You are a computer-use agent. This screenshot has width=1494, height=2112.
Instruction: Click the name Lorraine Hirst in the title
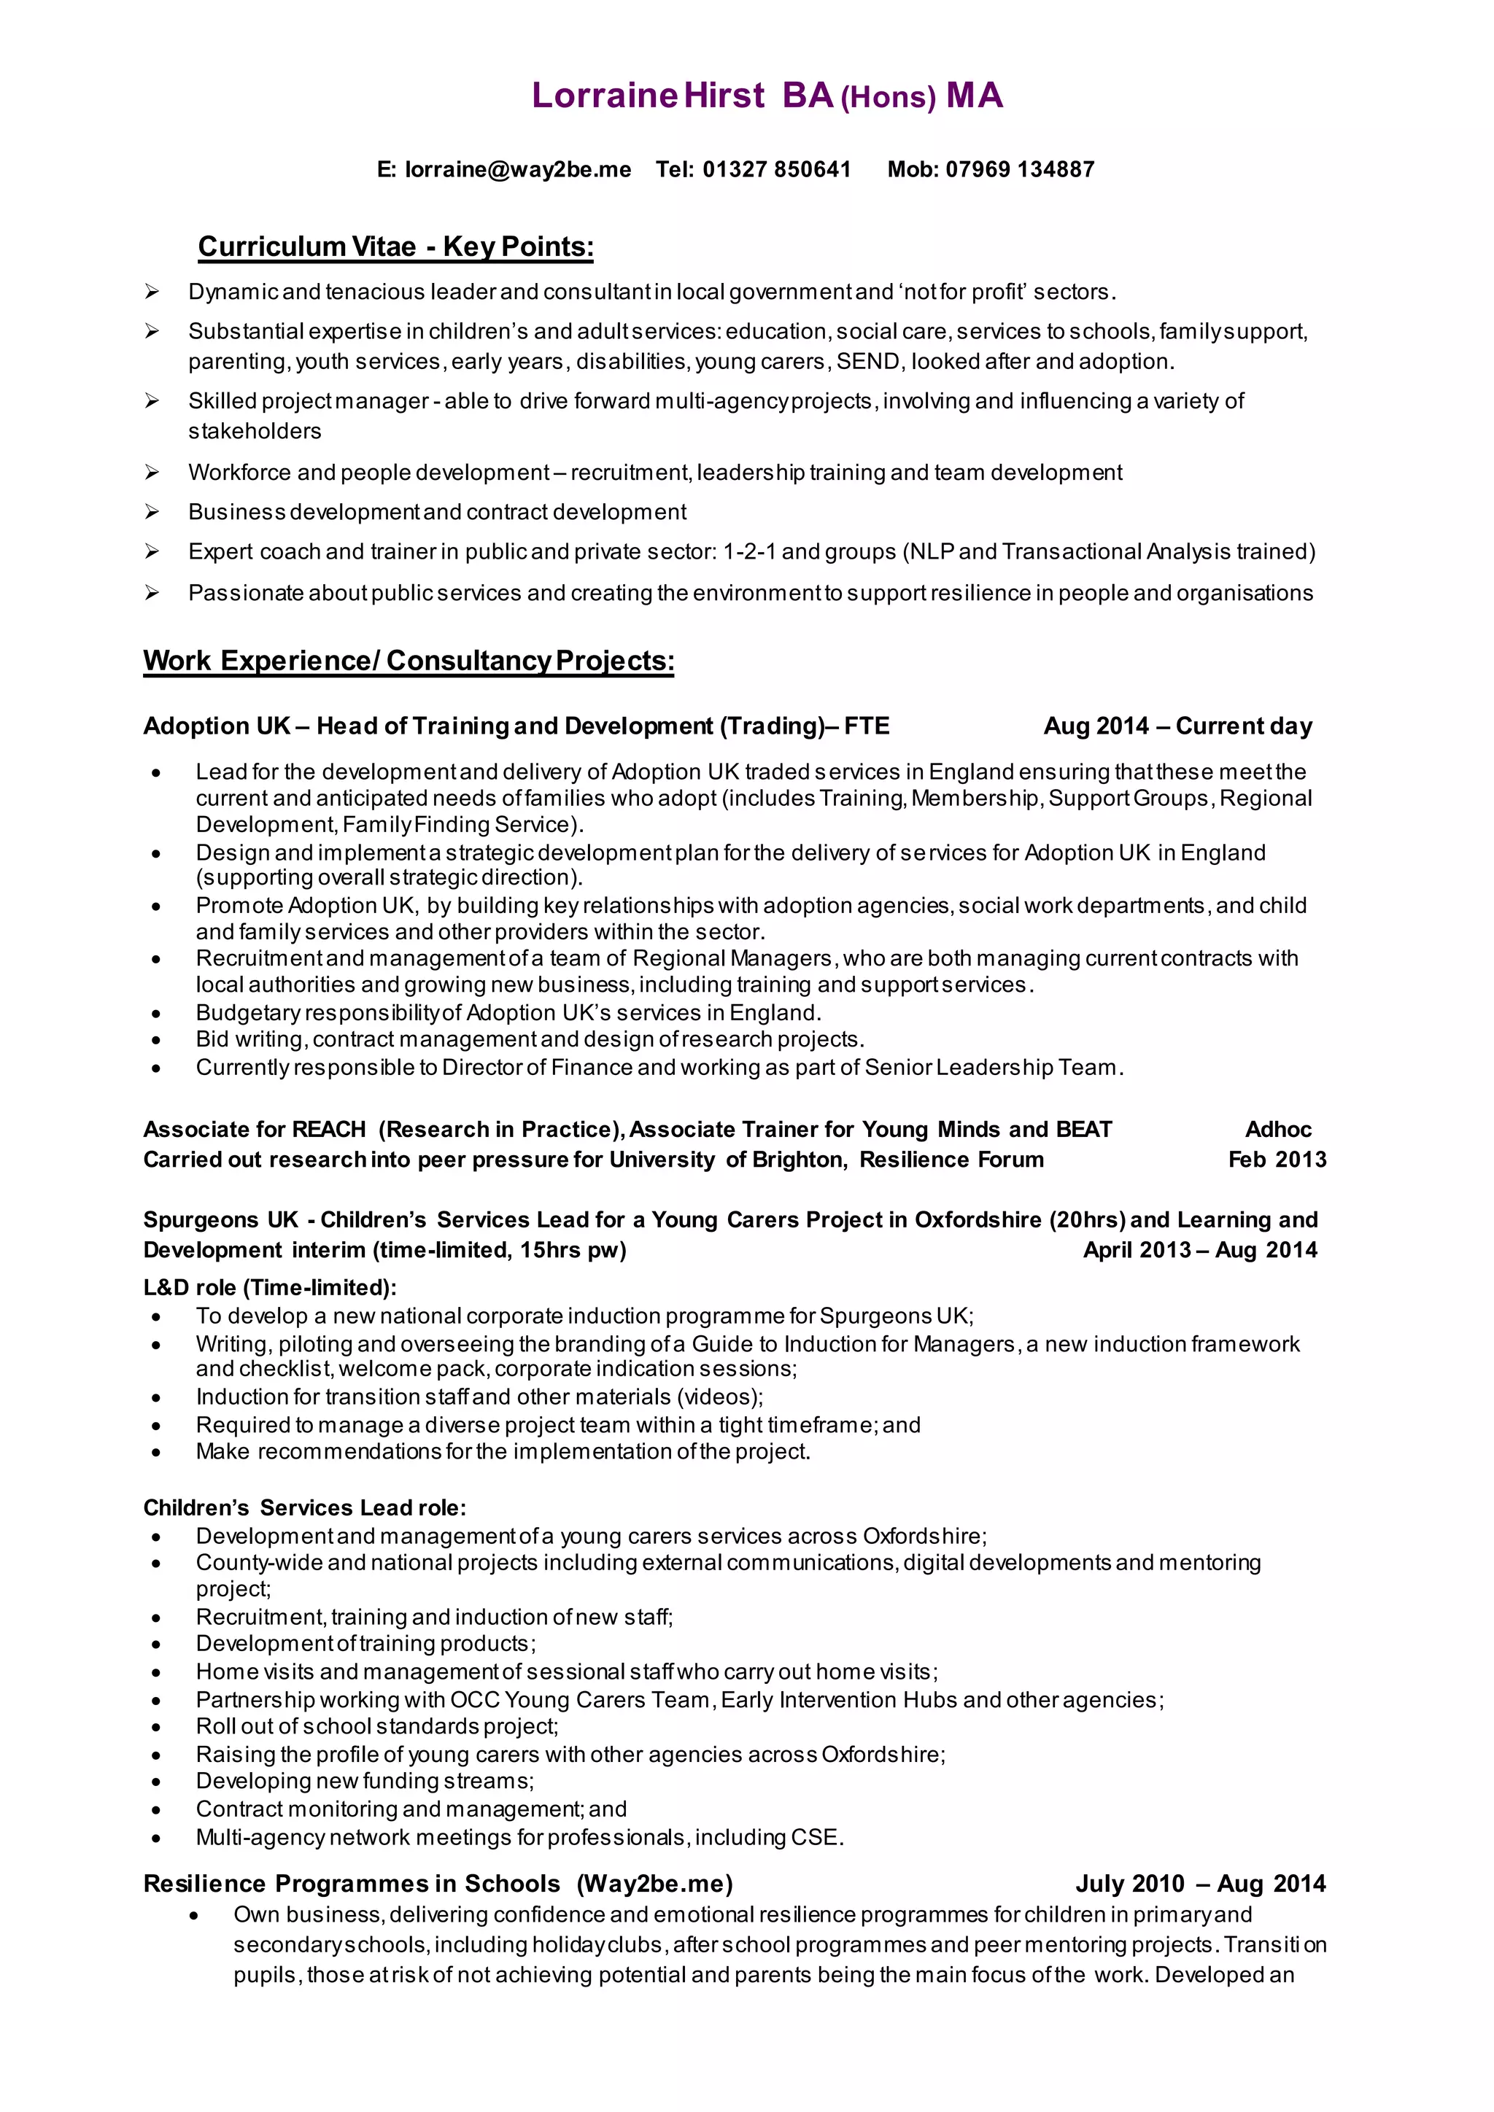(648, 96)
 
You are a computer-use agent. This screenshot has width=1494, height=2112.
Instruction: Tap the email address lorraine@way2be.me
(518, 169)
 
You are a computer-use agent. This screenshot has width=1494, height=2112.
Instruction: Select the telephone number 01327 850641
(776, 169)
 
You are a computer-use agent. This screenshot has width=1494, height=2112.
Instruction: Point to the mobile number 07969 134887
(1019, 169)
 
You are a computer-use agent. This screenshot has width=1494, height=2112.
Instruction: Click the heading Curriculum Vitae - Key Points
(395, 246)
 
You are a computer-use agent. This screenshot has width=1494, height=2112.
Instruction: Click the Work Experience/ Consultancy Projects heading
(409, 661)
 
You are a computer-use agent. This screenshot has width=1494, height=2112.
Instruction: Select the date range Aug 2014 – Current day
(1177, 726)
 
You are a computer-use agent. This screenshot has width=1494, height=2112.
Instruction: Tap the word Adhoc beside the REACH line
(1278, 1130)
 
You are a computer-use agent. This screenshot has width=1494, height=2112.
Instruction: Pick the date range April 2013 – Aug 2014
(1199, 1250)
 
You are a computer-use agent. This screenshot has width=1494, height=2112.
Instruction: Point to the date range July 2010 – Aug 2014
(1201, 1884)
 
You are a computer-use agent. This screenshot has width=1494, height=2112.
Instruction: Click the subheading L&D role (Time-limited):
(269, 1288)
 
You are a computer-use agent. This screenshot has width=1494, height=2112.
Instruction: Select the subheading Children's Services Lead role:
(304, 1507)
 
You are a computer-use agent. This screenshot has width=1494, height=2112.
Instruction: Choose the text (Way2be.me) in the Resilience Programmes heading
(654, 1884)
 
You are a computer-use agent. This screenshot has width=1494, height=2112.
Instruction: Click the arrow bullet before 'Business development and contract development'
(152, 513)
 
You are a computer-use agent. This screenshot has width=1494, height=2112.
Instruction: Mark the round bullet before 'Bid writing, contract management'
(156, 1041)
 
